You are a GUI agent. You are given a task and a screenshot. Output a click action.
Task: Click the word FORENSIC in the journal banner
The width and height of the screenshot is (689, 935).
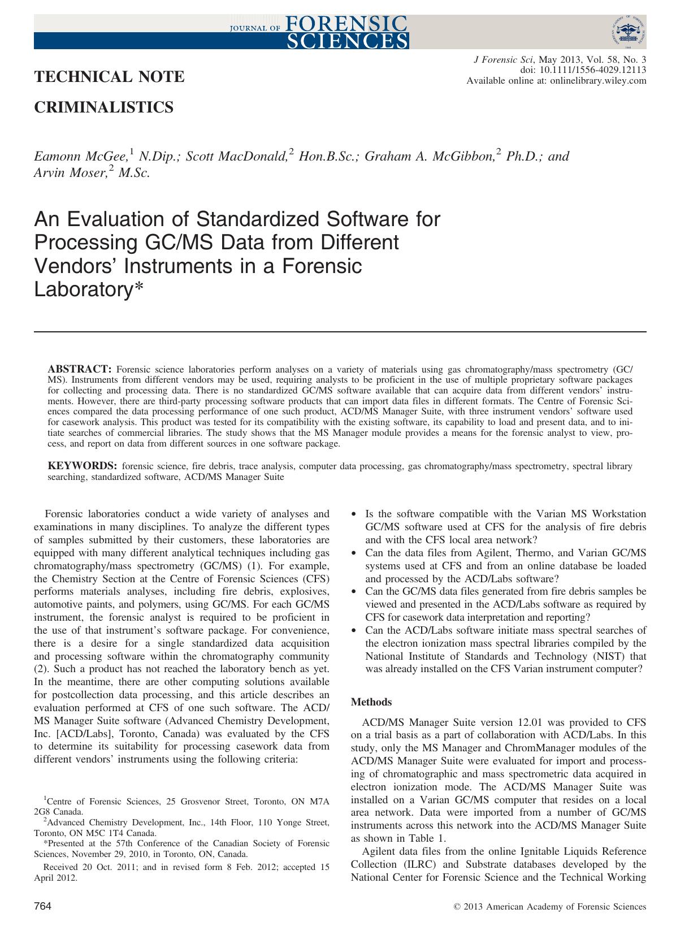coord(346,22)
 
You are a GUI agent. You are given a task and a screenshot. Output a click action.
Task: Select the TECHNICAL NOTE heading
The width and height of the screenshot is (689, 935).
coord(110,77)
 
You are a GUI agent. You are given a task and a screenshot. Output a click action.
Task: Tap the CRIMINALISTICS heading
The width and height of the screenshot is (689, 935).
coord(104,107)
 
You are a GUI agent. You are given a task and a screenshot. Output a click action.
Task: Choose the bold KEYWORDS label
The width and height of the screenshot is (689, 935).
coord(83,466)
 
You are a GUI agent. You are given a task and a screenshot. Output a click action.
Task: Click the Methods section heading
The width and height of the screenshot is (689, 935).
coord(371,702)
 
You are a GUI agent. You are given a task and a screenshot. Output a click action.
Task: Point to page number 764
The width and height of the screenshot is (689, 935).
coord(43,907)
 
